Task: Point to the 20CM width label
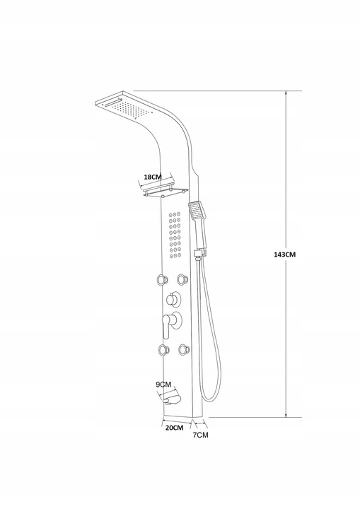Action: click(173, 428)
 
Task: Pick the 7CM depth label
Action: click(201, 435)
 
